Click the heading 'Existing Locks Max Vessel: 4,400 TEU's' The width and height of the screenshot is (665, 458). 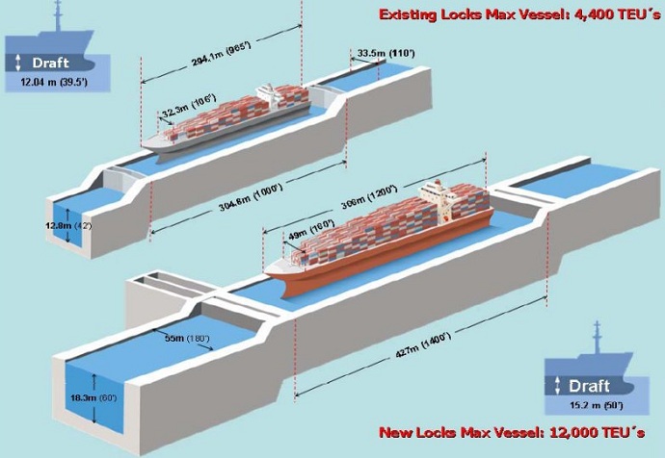pos(519,14)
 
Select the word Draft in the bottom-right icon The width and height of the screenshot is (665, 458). pos(590,386)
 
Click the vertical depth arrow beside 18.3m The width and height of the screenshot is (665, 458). pos(94,396)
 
